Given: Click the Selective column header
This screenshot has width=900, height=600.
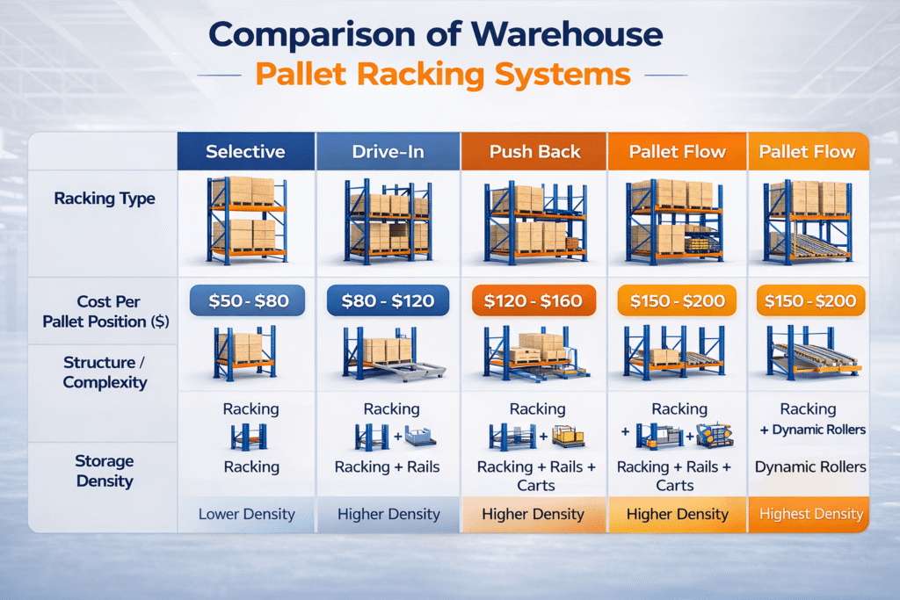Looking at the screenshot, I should point(245,151).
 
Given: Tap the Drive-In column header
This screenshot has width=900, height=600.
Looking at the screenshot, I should point(388,151).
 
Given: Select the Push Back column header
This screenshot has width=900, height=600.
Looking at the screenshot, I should point(534,151).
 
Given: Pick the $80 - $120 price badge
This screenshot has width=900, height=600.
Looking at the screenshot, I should point(388,301).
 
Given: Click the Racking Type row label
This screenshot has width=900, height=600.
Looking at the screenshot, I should point(105,199).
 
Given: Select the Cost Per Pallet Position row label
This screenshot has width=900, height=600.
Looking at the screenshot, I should point(105,311).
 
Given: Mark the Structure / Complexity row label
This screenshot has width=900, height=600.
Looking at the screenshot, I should point(105,372).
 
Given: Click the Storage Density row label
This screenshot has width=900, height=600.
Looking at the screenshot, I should point(105,471).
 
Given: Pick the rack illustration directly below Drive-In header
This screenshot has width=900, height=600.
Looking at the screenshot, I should point(388,220).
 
